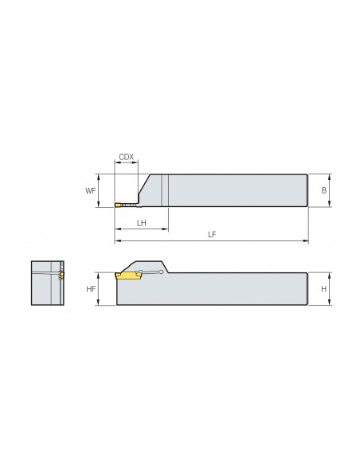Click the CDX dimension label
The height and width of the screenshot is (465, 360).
point(127,157)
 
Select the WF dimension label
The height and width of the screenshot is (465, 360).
point(91,190)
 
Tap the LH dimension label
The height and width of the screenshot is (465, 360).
point(142,223)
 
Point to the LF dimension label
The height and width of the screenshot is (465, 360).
point(212,235)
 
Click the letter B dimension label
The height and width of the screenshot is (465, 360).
point(324,190)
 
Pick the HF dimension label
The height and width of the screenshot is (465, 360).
point(91,288)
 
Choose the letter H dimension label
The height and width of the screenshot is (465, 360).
point(324,288)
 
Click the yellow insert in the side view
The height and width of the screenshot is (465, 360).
point(128,275)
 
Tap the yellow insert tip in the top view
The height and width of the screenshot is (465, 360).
point(118,205)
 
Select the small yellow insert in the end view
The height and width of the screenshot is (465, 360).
point(62,275)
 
